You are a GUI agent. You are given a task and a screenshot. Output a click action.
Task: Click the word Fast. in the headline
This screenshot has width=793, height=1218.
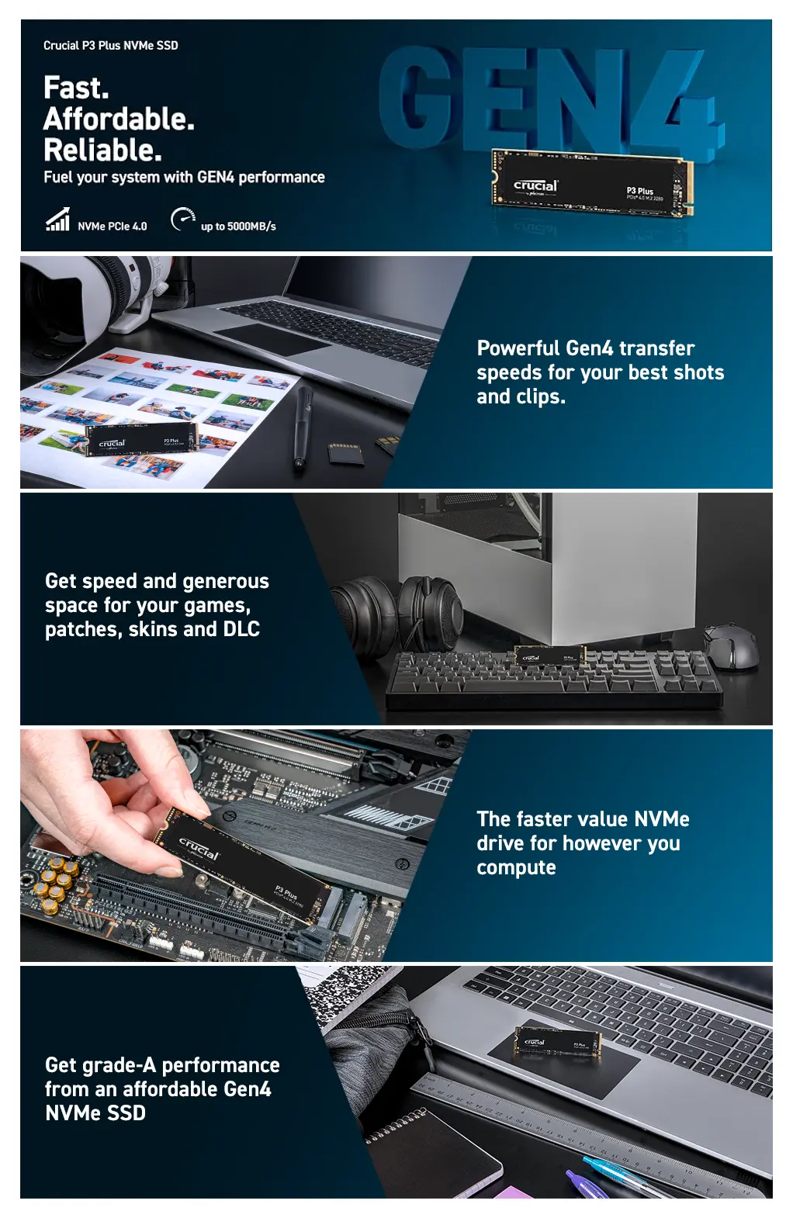coord(76,88)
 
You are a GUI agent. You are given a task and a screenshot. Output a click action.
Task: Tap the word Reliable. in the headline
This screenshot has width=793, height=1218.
coord(102,150)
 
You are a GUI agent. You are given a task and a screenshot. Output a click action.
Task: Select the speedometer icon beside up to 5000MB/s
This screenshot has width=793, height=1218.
coord(183,219)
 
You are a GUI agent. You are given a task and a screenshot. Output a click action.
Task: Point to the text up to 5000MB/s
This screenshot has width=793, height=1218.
coord(238,227)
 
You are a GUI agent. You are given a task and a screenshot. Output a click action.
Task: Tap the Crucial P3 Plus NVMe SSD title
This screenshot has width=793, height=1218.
coord(110,46)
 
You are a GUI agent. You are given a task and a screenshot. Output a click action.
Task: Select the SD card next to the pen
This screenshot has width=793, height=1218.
coord(345,454)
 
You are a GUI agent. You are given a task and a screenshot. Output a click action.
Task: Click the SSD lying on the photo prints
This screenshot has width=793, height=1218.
coord(141,439)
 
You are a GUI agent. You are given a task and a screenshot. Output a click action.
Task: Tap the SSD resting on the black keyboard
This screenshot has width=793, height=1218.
coord(550,656)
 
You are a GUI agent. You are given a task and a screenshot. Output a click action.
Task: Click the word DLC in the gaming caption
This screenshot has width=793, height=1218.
coord(241,628)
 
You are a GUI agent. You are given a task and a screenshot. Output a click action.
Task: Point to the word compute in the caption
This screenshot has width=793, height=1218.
coord(516,868)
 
